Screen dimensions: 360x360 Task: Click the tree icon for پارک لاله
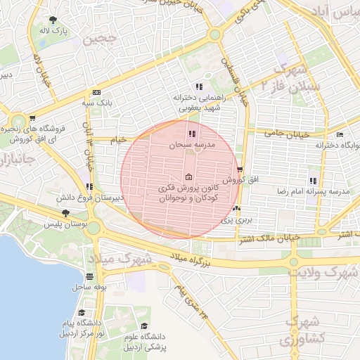(54, 20)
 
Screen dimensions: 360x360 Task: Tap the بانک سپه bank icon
(96, 92)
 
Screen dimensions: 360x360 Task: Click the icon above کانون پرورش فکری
(188, 177)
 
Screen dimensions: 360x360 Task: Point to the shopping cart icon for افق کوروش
(240, 169)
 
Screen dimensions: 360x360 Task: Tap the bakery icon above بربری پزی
(236, 209)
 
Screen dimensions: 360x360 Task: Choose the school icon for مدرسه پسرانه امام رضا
(313, 181)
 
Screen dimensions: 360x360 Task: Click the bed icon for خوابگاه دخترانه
(340, 134)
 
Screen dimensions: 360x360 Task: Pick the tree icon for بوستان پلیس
(65, 212)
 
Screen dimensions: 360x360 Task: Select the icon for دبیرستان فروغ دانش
(89, 186)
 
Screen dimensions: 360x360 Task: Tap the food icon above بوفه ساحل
(89, 276)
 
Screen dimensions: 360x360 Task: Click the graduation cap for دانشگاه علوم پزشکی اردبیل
(144, 326)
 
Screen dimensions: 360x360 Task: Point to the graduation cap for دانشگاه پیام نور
(82, 312)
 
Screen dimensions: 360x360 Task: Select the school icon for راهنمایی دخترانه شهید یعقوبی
(199, 86)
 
